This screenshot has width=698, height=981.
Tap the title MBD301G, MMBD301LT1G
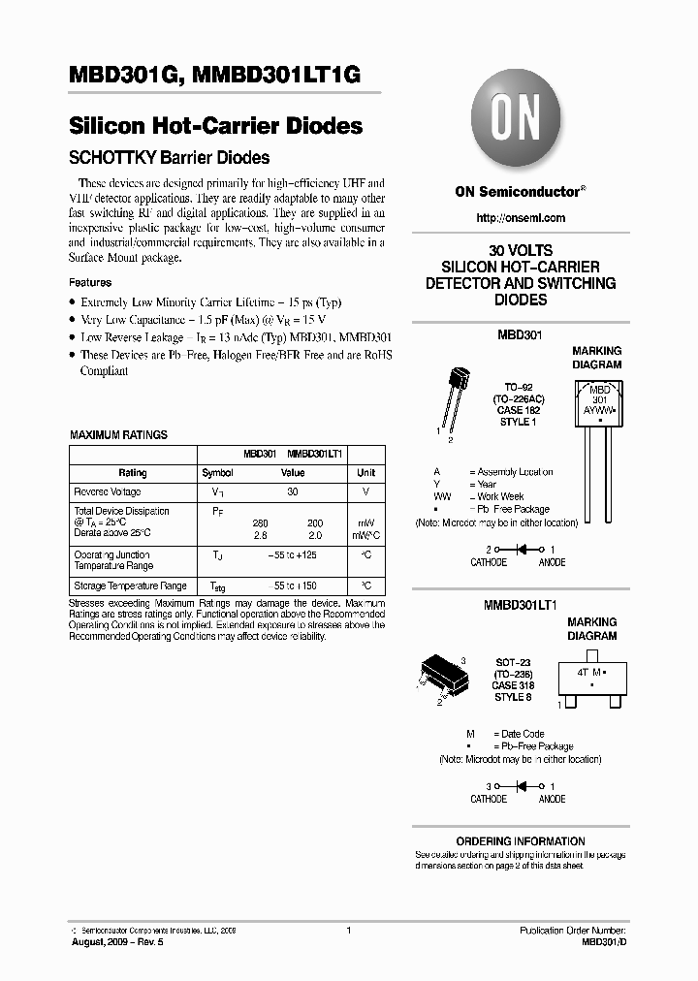coord(215,79)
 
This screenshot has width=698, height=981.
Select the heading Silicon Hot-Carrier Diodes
coord(216,126)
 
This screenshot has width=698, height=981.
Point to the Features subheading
coord(90,282)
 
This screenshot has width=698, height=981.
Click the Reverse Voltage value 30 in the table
coord(292,491)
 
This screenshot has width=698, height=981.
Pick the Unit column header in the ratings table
coord(365,473)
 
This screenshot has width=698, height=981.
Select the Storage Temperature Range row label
coord(131,585)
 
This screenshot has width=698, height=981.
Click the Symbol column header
coord(217,473)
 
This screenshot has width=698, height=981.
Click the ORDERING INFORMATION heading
coord(521,841)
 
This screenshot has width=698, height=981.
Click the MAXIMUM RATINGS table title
coord(118,435)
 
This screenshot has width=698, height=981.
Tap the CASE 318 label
coord(514,685)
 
